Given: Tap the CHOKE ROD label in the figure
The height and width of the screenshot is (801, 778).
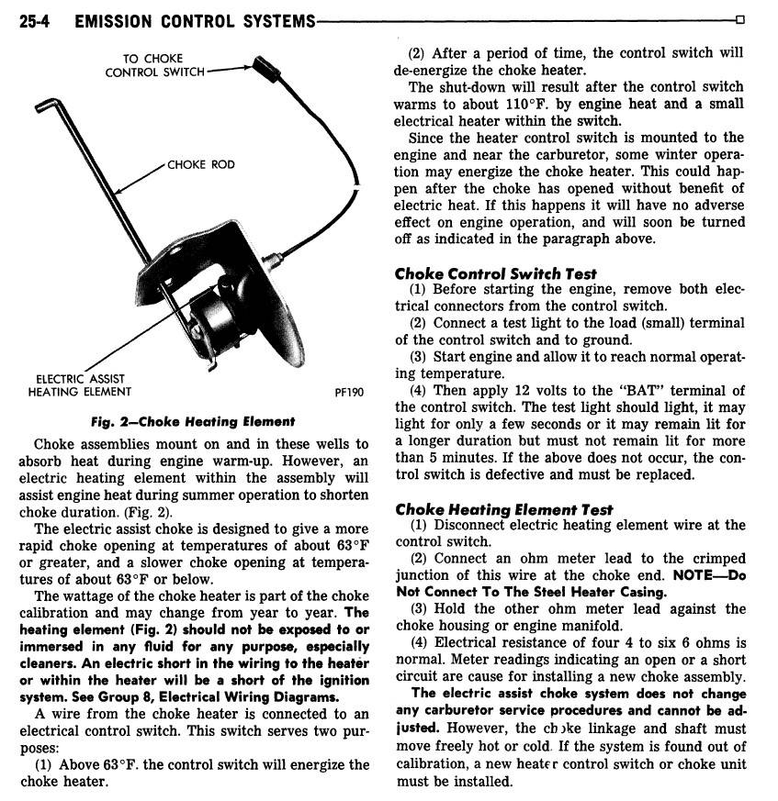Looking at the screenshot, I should [200, 165].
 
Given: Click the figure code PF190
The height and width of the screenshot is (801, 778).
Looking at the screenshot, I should [349, 393].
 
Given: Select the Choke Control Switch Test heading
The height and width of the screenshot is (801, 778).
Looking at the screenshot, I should [495, 273].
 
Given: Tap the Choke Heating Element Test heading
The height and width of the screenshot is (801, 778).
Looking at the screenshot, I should [504, 509].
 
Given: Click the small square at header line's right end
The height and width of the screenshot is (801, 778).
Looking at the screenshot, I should [740, 20].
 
